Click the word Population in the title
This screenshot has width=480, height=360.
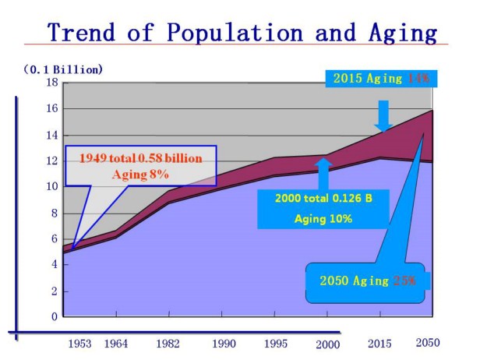[231, 33]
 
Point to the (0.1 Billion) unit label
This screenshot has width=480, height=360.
[63, 69]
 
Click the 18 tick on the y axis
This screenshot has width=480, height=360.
[52, 83]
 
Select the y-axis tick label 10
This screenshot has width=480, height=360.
[52, 187]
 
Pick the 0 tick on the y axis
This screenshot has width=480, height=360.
[55, 317]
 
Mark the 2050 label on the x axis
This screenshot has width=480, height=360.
[428, 343]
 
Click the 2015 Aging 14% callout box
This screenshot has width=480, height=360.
[381, 78]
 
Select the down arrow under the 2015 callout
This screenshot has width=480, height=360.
[383, 116]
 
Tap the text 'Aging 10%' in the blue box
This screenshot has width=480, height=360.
[323, 219]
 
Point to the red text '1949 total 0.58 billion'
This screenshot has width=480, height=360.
[140, 159]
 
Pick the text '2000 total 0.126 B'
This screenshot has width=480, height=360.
[323, 199]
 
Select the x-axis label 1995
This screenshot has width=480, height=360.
[274, 344]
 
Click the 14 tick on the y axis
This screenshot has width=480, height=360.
[52, 135]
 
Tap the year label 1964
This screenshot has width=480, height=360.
[116, 344]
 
